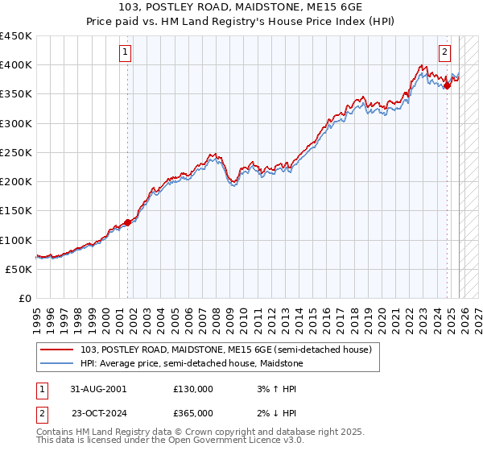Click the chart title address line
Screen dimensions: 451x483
pyautogui.click(x=241, y=7)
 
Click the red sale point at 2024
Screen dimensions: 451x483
pyautogui.click(x=447, y=85)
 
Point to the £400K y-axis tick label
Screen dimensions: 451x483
pyautogui.click(x=15, y=65)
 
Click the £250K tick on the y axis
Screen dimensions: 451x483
pyautogui.click(x=15, y=152)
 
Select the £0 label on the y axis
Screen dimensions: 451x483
pyautogui.click(x=25, y=299)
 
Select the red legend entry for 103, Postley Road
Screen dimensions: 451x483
pyautogui.click(x=226, y=350)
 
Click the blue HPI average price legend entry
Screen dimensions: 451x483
pyautogui.click(x=192, y=363)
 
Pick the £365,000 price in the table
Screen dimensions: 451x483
pyautogui.click(x=192, y=413)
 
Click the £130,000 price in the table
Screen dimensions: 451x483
pyautogui.click(x=192, y=388)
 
